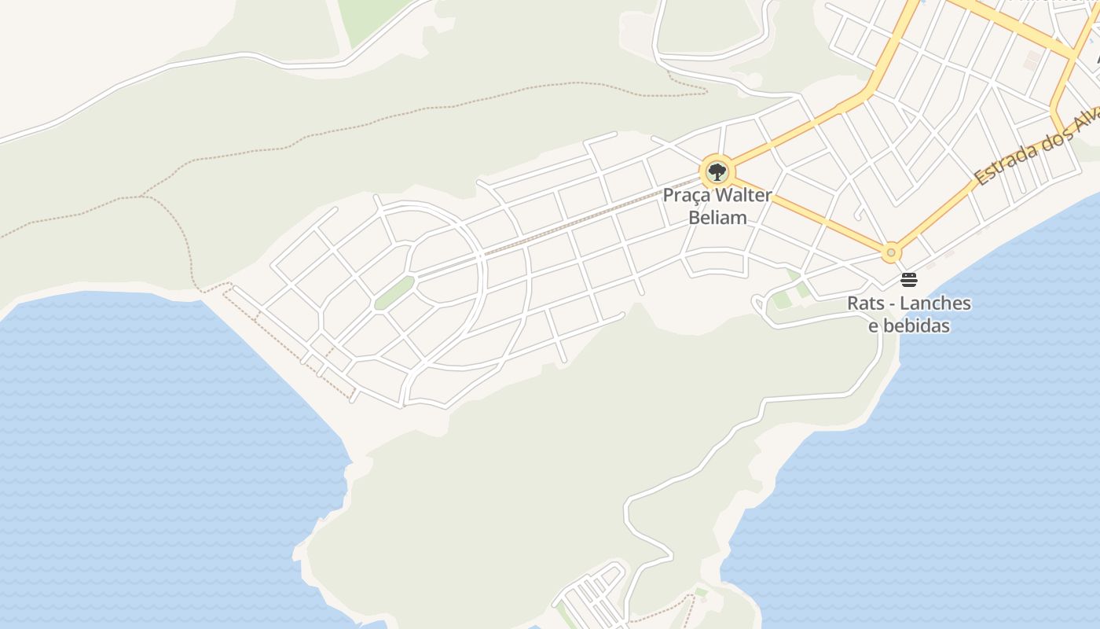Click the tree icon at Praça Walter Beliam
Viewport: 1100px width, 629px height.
tap(716, 171)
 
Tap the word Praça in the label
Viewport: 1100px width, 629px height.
tap(685, 195)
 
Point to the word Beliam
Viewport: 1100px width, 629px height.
tap(717, 217)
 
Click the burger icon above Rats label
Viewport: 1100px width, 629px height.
tap(909, 280)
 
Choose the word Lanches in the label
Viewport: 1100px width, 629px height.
tap(935, 303)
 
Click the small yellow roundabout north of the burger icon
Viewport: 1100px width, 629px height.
tap(890, 253)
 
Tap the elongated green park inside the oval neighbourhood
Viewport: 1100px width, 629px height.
tap(394, 293)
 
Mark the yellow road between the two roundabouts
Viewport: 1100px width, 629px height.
tap(809, 215)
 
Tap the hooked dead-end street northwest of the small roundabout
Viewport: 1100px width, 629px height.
tap(859, 212)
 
